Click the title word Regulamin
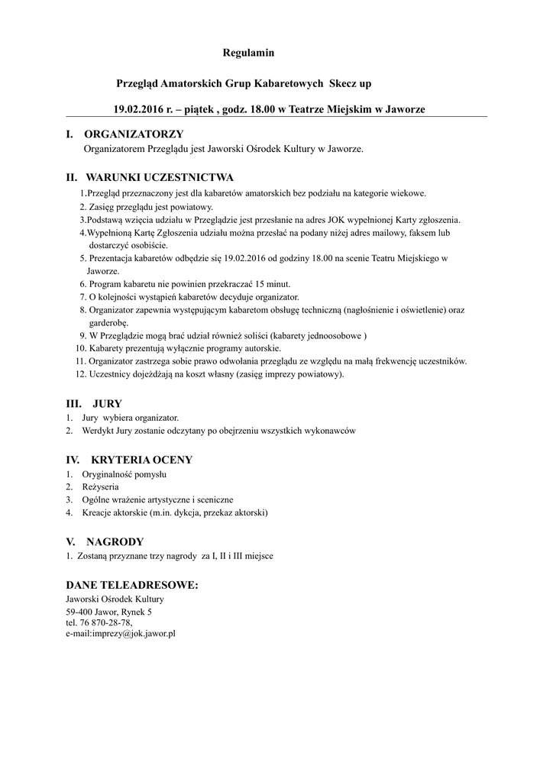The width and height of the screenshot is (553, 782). [x=248, y=53]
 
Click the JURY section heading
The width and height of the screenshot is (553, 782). [x=107, y=402]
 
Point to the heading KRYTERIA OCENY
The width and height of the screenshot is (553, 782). [x=141, y=460]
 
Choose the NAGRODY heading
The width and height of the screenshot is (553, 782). [x=118, y=541]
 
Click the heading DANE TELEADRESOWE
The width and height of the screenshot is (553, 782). [x=132, y=585]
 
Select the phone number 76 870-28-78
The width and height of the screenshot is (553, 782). [x=105, y=622]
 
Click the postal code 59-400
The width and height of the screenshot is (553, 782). [x=79, y=612]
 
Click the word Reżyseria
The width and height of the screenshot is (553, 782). [x=101, y=486]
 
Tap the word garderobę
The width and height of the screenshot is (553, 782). [x=108, y=322]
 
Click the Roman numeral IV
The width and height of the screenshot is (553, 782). [x=73, y=460]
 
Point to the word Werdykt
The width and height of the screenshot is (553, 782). [x=97, y=431]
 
